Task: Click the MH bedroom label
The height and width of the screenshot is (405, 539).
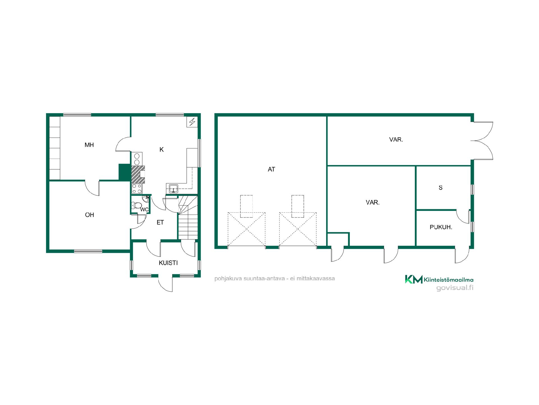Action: tap(89, 145)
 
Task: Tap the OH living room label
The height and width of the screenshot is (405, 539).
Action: tap(89, 215)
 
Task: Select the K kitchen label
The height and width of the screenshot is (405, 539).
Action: tap(161, 150)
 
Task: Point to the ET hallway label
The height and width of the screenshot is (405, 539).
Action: tap(160, 222)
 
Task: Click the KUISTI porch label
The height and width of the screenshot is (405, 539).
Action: tap(168, 263)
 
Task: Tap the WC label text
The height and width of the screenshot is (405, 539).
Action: tap(144, 210)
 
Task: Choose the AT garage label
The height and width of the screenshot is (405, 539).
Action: tap(271, 169)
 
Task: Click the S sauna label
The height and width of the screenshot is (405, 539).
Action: tap(440, 188)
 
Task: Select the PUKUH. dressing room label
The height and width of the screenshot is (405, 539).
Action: tap(441, 227)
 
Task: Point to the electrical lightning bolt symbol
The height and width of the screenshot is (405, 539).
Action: tap(192, 122)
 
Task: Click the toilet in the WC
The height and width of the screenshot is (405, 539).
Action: tap(137, 205)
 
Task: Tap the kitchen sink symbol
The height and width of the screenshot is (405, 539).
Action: tap(173, 188)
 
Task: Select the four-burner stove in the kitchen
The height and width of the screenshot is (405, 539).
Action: tap(137, 189)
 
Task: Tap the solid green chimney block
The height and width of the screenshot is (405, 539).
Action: tap(124, 172)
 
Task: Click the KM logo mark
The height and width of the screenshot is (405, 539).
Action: tap(414, 279)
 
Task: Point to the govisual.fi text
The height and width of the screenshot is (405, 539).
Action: tap(455, 288)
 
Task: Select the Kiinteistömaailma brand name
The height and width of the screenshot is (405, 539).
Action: tap(449, 280)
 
